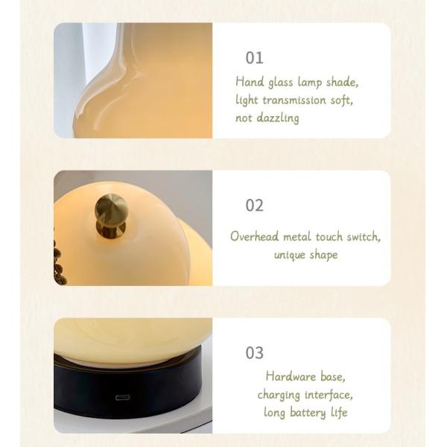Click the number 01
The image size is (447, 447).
click(254, 58)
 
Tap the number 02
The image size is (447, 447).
click(255, 206)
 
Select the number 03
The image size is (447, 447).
click(255, 353)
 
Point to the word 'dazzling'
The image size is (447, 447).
click(278, 118)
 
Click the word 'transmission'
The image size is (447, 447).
click(294, 101)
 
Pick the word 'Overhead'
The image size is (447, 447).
click(255, 236)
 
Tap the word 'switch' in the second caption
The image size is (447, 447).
click(364, 237)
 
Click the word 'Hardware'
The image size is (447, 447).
click(291, 376)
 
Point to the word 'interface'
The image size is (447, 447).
click(329, 395)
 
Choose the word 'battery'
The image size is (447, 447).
click(308, 413)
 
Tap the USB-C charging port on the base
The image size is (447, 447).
click(123, 397)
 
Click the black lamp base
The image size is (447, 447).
click(128, 392)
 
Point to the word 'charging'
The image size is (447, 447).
click(279, 395)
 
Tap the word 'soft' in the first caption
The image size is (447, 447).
click(341, 101)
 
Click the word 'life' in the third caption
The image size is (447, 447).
click(339, 413)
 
